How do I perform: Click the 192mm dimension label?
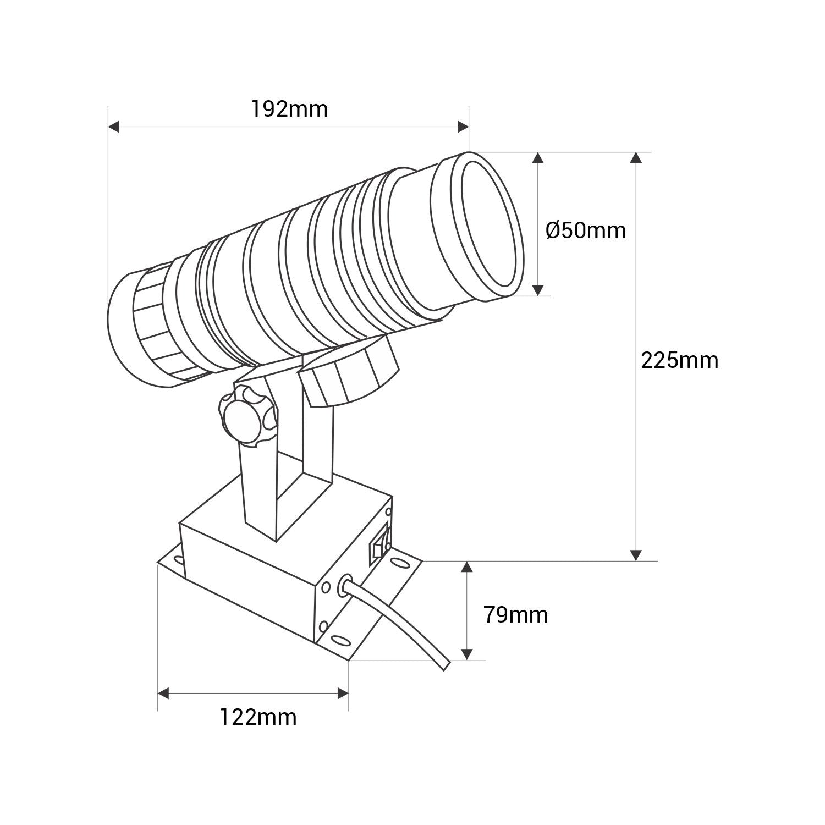289,109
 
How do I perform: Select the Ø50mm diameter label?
586,230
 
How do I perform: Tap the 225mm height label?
679,360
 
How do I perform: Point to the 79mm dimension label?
515,614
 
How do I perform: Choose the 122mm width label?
258,717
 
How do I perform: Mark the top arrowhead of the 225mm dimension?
636,158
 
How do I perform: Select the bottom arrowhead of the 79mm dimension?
466,654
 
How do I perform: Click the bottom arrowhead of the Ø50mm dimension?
538,289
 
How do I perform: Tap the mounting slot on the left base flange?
178,561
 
